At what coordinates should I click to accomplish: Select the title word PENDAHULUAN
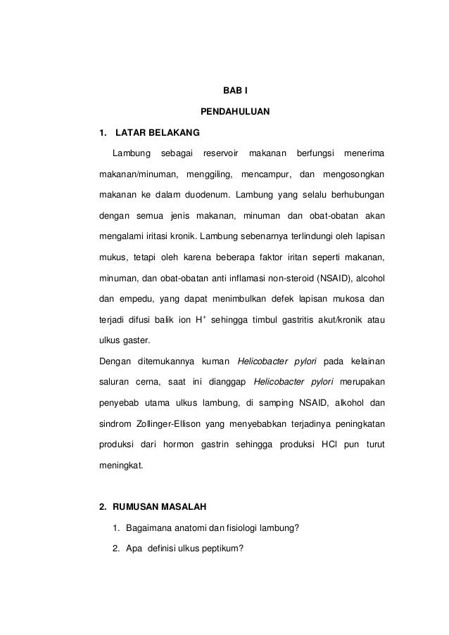click(230, 112)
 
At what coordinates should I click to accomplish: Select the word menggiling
click(209, 174)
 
